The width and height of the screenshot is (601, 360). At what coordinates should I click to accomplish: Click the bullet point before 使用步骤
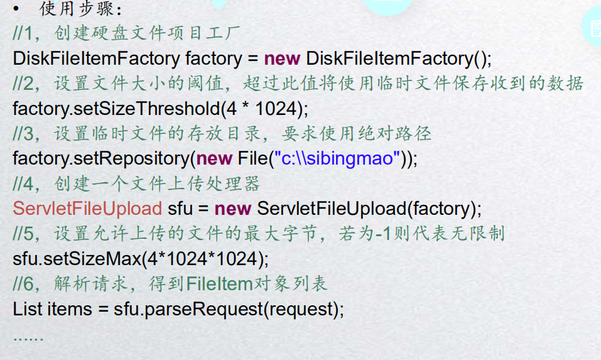coord(23,9)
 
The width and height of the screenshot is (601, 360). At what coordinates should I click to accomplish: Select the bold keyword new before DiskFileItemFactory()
coord(282,58)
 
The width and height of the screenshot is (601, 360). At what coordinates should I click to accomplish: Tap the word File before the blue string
coord(252,158)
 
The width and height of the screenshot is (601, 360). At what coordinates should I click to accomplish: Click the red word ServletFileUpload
coord(87,209)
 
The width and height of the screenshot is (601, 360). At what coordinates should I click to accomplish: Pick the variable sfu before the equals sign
coord(180,209)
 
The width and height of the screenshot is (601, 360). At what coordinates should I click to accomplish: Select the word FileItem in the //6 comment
coord(219,284)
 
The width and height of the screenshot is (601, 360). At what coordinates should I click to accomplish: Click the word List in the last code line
coord(27,309)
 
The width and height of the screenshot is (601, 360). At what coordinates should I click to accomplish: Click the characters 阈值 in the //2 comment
coord(203,84)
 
